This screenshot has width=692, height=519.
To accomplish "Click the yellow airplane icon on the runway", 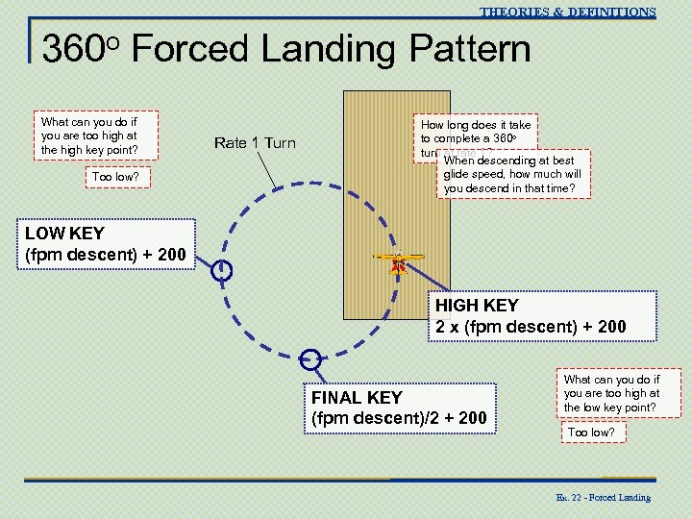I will click(x=397, y=258).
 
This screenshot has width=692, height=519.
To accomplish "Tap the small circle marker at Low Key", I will click(x=221, y=272).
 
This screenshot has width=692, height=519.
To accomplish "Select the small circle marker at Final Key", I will click(x=309, y=359).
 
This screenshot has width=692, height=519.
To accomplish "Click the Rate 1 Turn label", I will click(x=255, y=143).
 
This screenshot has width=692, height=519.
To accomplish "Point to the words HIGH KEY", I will click(x=477, y=306).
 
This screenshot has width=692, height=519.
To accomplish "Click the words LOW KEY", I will click(x=64, y=233).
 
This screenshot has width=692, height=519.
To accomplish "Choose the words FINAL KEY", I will click(x=357, y=397).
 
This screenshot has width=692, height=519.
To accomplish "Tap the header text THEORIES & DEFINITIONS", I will click(x=567, y=12).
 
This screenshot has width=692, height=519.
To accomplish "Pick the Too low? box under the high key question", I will click(x=113, y=177).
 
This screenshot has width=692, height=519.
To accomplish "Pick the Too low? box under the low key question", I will click(x=591, y=432).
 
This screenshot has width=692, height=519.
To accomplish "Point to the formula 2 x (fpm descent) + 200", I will click(x=531, y=327).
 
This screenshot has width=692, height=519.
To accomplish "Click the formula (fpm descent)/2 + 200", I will click(x=398, y=418).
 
